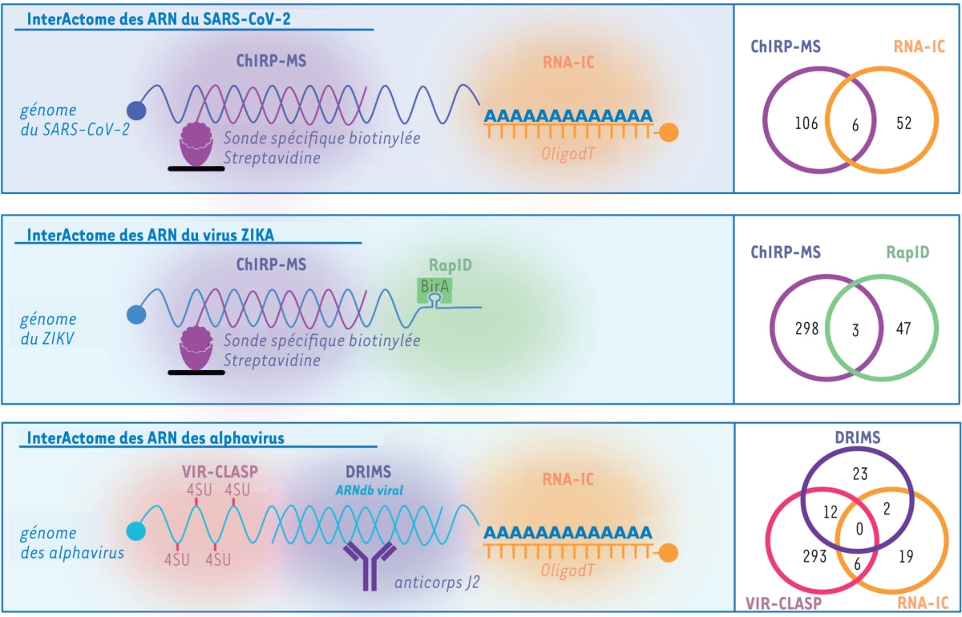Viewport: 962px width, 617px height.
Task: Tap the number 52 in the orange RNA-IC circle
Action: coord(903,123)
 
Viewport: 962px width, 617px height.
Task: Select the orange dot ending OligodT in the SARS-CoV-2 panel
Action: coord(669,133)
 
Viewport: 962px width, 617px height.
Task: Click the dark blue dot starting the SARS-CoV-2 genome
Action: coord(136,111)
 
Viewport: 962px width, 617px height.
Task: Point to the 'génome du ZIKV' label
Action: coord(49,328)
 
